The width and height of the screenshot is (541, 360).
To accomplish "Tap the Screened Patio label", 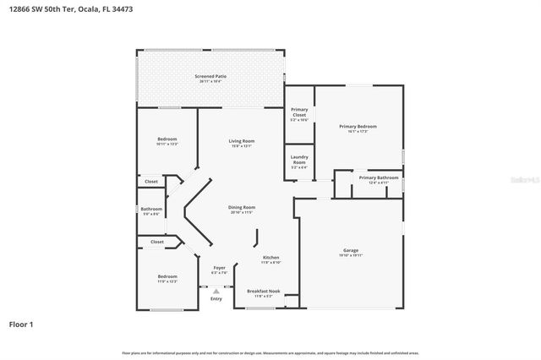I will pos(210,77).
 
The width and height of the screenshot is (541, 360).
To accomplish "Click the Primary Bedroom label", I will pos(358,127).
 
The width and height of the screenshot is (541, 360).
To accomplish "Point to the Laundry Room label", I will pos(299,159).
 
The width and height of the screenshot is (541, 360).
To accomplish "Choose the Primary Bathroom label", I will pos(373,177).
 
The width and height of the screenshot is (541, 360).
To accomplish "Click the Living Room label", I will pos(241,141).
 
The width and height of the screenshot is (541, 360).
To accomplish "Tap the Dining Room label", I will pos(241,207).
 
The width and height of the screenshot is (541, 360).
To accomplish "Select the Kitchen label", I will pos(270,258).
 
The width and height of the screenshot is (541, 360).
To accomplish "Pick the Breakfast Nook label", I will pos(260,291).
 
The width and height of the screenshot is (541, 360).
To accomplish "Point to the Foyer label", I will pos(219,268).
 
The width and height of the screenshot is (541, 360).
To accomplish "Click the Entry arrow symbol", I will pos(216,290).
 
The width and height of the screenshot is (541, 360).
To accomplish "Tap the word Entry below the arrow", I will pos(216,298).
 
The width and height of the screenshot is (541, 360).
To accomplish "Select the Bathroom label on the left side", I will pos(151,209).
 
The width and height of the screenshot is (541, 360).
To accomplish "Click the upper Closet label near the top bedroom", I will pos(150,181).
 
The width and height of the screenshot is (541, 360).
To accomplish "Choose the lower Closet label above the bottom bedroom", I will pos(156,242).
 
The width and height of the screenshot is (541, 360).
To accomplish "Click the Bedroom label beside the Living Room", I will pos(167,139).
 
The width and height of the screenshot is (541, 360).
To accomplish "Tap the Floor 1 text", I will pos(21,324).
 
